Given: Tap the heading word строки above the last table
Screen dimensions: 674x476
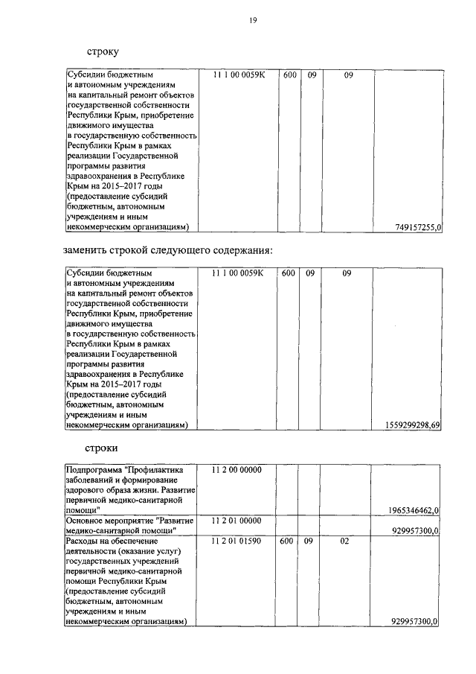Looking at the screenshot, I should [x=102, y=448].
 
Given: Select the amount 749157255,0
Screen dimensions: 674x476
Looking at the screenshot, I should [x=418, y=227].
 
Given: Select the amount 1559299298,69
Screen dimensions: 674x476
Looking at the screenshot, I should [x=414, y=425].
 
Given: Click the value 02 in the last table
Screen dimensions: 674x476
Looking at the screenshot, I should [x=344, y=540].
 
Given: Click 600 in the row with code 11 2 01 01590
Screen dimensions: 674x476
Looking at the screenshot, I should [x=290, y=540].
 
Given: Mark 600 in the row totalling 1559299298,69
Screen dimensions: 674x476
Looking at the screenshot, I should [x=290, y=273].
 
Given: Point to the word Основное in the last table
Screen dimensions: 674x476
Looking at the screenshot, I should [x=85, y=520].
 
